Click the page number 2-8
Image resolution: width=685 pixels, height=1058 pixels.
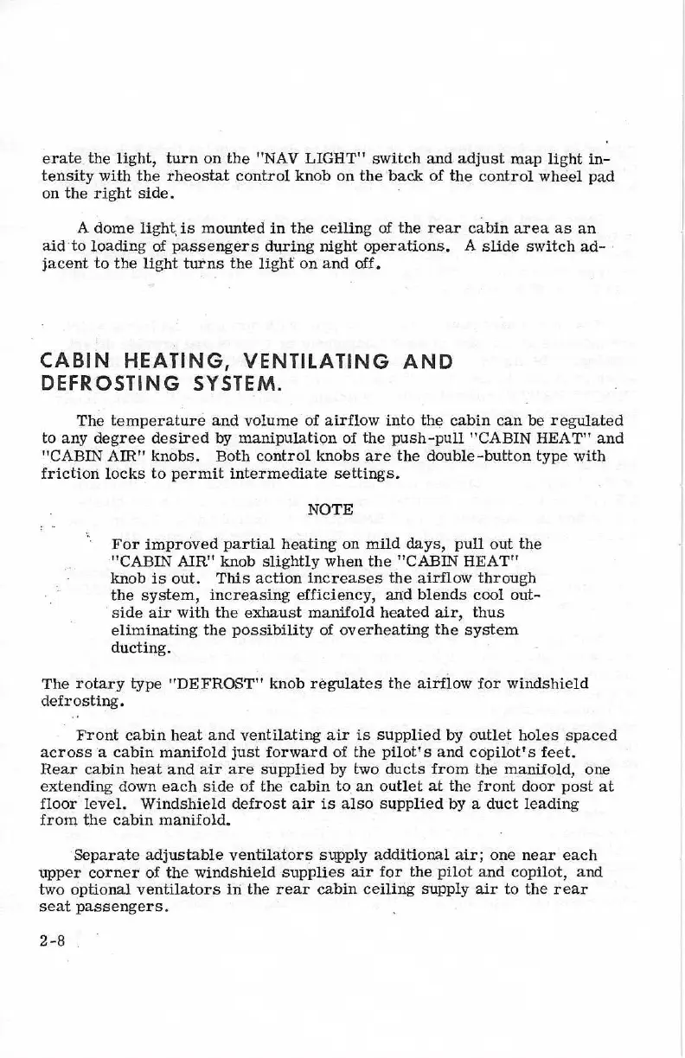click(54, 941)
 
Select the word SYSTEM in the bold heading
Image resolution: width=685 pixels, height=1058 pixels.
click(233, 381)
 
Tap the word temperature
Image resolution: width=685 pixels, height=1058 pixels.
click(155, 421)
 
